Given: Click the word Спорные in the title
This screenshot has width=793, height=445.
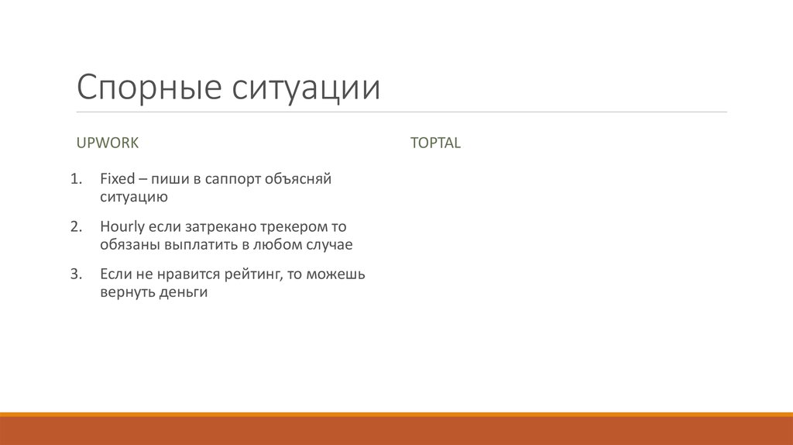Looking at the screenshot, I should (147, 88).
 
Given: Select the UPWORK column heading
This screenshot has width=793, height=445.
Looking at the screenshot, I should (107, 143).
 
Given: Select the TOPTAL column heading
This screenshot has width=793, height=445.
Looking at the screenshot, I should (435, 143).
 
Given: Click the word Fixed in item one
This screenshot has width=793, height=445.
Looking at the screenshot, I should (117, 179).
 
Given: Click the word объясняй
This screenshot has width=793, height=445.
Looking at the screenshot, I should (298, 180).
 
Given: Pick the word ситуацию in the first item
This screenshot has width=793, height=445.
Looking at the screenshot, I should (133, 197).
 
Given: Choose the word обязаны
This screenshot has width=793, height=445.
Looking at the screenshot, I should (129, 245).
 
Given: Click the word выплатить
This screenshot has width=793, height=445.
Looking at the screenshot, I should (200, 245).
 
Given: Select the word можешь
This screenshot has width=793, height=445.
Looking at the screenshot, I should (336, 274).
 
